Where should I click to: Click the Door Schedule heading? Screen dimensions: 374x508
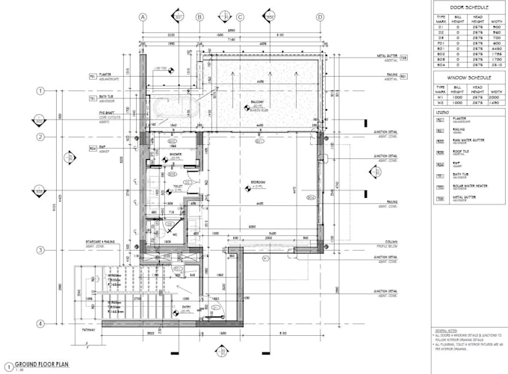468,6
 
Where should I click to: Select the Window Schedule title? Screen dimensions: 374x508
468,77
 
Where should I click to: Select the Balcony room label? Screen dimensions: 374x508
258,104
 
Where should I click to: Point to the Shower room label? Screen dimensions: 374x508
176,154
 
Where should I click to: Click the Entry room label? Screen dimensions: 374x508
187,306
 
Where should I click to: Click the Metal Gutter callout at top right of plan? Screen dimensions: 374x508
386,56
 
